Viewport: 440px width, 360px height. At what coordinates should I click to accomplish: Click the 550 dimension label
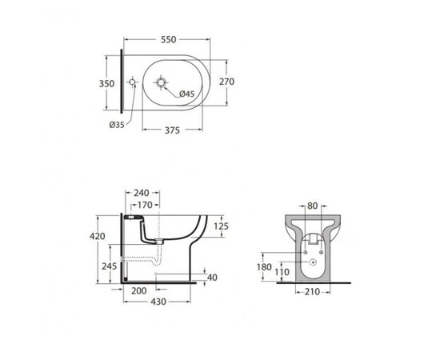click(168, 39)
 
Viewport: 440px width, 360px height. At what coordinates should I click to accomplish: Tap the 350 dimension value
click(106, 84)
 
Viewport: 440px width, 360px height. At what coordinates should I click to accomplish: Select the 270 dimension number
click(226, 82)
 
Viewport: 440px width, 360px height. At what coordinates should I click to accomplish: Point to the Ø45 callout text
click(186, 94)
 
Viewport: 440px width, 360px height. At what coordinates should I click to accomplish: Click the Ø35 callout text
click(117, 125)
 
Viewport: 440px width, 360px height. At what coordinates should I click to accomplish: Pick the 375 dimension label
click(172, 130)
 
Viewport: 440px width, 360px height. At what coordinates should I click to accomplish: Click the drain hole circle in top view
click(161, 82)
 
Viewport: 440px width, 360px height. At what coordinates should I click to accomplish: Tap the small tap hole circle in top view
click(132, 82)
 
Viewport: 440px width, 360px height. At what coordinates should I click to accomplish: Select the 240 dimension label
click(142, 193)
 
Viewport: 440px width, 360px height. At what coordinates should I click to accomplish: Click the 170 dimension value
click(145, 206)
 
